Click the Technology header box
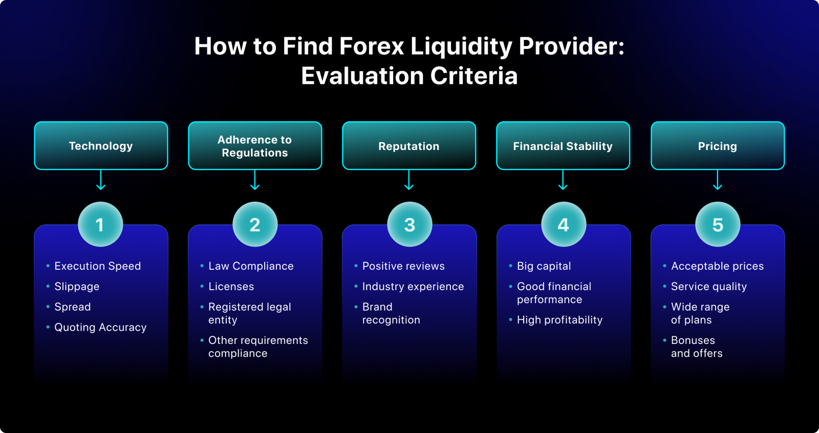pyautogui.click(x=101, y=146)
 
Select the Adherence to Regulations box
pyautogui.click(x=255, y=146)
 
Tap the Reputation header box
pyautogui.click(x=409, y=146)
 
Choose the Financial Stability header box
pyautogui.click(x=563, y=146)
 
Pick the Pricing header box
pyautogui.click(x=718, y=146)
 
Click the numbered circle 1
pyautogui.click(x=100, y=225)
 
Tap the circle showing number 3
pyautogui.click(x=409, y=225)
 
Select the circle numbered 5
pyautogui.click(x=718, y=225)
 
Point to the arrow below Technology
pyautogui.click(x=101, y=180)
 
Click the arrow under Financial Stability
pyautogui.click(x=563, y=180)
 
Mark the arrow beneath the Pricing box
pyautogui.click(x=718, y=180)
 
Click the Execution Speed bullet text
pyautogui.click(x=97, y=266)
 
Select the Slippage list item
pyautogui.click(x=77, y=287)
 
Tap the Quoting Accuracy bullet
pyautogui.click(x=100, y=328)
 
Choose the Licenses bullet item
pyautogui.click(x=231, y=287)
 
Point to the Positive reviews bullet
pyautogui.click(x=403, y=266)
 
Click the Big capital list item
pyautogui.click(x=544, y=266)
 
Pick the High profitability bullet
pyautogui.click(x=559, y=320)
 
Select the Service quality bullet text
pyautogui.click(x=709, y=287)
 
